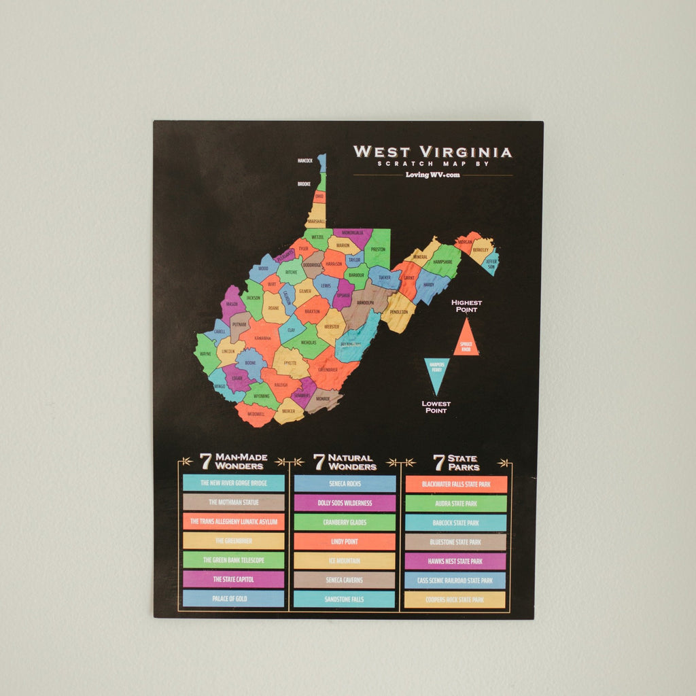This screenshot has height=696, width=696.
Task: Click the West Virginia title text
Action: tap(432, 152)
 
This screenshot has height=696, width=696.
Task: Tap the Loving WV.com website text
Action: tap(432, 175)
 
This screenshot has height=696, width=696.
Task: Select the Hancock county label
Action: tap(305, 161)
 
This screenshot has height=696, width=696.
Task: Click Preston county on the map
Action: tap(378, 249)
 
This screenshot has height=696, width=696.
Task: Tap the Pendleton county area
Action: tap(399, 313)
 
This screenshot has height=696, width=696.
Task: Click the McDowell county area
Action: tap(256, 414)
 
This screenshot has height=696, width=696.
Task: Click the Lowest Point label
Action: tap(436, 407)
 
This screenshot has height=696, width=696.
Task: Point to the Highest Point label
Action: tap(466, 306)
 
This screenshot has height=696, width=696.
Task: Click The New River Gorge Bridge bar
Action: tap(233, 483)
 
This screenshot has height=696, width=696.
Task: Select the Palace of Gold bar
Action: tap(233, 599)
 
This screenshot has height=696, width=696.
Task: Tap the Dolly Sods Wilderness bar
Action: tap(345, 503)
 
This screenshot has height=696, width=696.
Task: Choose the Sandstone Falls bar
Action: tap(345, 599)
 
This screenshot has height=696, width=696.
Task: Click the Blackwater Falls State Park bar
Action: tap(455, 484)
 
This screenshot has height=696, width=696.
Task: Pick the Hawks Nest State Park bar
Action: tap(455, 561)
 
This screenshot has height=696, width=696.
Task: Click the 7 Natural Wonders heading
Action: tap(345, 462)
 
